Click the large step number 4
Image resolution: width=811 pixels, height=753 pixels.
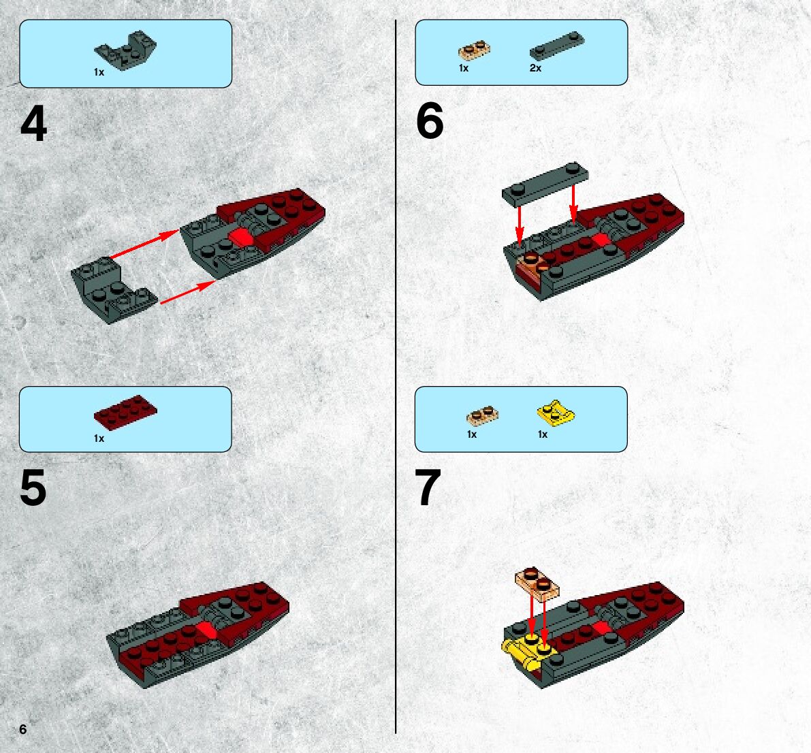(33, 124)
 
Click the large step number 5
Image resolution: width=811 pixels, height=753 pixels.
(33, 488)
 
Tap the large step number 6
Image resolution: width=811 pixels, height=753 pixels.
(429, 121)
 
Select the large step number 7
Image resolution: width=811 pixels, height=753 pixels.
(428, 487)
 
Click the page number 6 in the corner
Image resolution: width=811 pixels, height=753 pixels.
(22, 728)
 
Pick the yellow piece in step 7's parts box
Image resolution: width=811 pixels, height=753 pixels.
(556, 413)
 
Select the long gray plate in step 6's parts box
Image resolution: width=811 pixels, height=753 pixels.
(557, 46)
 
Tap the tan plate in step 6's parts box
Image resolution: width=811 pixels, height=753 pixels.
(475, 50)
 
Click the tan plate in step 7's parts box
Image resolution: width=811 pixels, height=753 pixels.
(483, 415)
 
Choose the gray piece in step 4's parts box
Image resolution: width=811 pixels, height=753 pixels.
(125, 50)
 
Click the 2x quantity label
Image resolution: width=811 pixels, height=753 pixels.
(535, 68)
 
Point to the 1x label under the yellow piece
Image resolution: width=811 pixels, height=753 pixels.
(543, 434)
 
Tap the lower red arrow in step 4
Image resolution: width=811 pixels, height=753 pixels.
(188, 292)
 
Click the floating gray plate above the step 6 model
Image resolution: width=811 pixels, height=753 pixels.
(545, 182)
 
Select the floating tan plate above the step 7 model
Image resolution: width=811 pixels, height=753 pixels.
(537, 584)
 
